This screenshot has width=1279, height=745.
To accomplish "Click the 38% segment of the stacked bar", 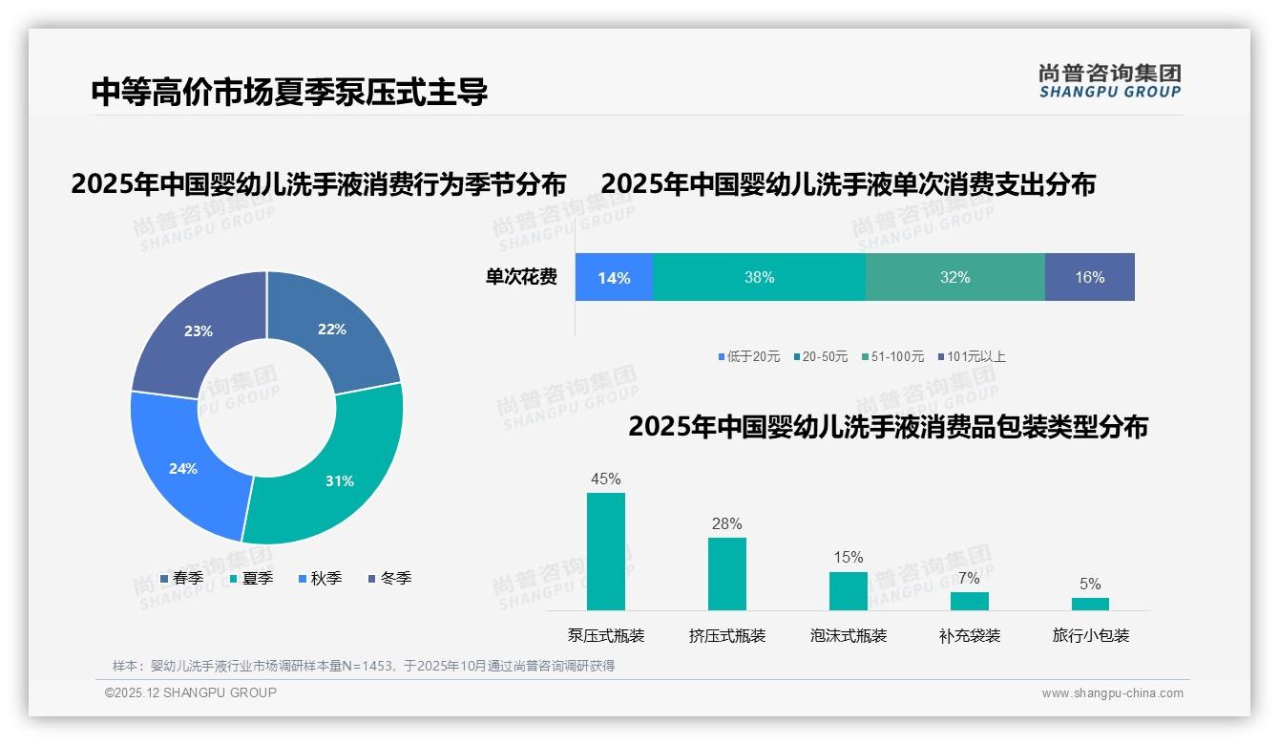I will [759, 277].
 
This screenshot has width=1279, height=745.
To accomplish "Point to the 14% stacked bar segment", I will [614, 277].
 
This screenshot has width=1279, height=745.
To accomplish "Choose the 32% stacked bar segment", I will [954, 277].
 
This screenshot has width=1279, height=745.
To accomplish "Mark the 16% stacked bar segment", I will [1089, 277].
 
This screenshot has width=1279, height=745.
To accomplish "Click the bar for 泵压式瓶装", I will [606, 551].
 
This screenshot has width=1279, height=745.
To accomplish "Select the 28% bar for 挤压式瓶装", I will [727, 573].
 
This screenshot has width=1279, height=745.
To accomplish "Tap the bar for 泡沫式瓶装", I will [849, 590].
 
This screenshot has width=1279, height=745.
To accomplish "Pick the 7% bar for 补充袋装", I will [969, 601].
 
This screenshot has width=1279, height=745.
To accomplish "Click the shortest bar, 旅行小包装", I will [1090, 604].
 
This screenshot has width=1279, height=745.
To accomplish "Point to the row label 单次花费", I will [521, 277].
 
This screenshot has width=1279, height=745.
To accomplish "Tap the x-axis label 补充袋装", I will [970, 635].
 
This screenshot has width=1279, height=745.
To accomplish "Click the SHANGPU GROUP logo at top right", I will [1110, 81].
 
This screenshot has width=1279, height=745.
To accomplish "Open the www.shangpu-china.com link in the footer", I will [1112, 693].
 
